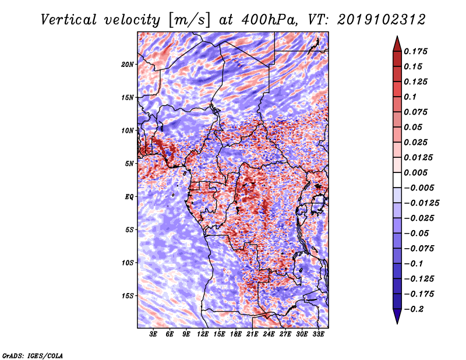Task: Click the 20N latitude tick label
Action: click(x=128, y=65)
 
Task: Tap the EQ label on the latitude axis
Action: click(x=129, y=197)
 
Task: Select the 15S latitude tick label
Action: click(x=128, y=296)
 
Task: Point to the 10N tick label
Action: click(x=128, y=130)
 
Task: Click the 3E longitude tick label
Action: click(x=153, y=334)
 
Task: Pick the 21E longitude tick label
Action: click(x=252, y=334)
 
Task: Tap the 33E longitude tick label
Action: click(x=318, y=334)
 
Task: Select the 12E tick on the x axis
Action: click(x=203, y=334)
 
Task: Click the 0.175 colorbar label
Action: click(x=415, y=51)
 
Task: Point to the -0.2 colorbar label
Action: click(x=414, y=309)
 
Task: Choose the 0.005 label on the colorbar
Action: click(x=415, y=172)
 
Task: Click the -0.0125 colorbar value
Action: click(x=421, y=203)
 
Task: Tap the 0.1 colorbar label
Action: click(x=410, y=97)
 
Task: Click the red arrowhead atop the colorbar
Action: click(x=397, y=44)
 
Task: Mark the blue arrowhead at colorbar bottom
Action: click(x=397, y=316)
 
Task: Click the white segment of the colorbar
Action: click(x=397, y=180)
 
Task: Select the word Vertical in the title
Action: click(x=69, y=20)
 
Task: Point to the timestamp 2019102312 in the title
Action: click(x=382, y=20)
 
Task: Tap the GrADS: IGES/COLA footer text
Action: click(x=33, y=355)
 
